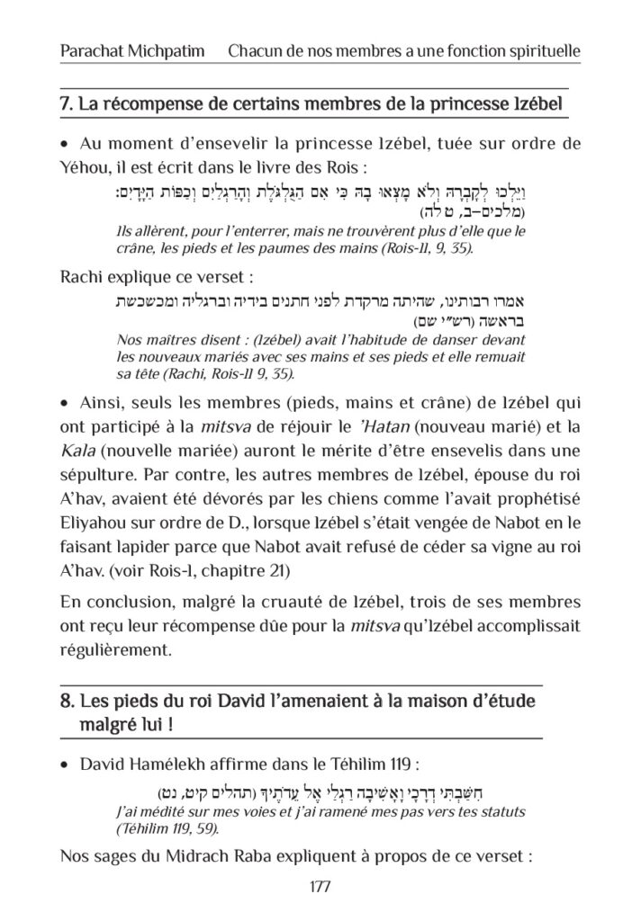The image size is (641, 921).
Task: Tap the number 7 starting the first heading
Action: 64,106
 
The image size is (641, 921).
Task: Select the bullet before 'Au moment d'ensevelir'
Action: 64,145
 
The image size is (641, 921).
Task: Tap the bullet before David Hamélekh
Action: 64,765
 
